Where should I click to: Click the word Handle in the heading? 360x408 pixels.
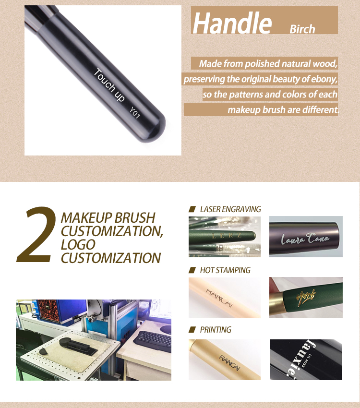(x=232, y=23)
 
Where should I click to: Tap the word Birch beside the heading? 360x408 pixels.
(x=302, y=29)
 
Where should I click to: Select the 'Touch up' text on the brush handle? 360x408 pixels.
(x=109, y=85)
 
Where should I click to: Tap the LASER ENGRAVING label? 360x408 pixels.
(x=230, y=209)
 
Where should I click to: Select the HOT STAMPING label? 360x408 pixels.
(x=225, y=270)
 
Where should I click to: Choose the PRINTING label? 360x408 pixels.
(x=215, y=330)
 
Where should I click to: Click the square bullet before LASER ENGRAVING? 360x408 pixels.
(x=192, y=209)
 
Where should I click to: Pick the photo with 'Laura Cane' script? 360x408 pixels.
(x=306, y=237)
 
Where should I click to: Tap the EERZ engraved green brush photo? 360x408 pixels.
(x=224, y=237)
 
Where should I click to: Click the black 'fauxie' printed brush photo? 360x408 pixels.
(x=306, y=360)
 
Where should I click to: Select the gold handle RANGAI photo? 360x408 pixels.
(x=224, y=360)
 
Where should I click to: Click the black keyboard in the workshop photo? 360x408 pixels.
(x=152, y=341)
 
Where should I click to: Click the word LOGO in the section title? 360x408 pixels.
(x=78, y=244)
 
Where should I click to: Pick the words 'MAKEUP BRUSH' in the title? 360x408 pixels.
(x=108, y=217)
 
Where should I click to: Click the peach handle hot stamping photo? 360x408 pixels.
(x=224, y=297)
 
